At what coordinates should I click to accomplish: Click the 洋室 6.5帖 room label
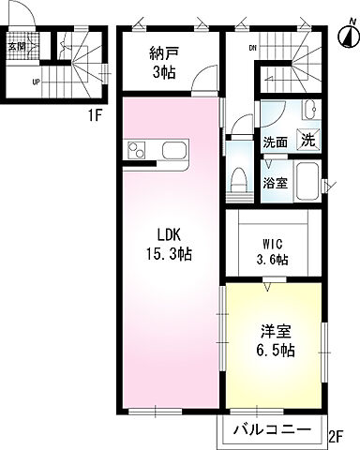pyautogui.click(x=277, y=339)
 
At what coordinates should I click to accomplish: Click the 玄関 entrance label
pyautogui.click(x=19, y=45)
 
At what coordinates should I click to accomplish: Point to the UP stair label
pyautogui.click(x=37, y=82)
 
